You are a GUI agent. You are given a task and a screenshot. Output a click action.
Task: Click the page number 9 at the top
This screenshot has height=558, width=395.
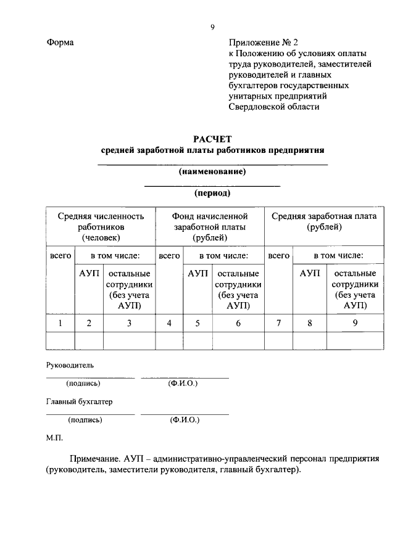pos(212,27)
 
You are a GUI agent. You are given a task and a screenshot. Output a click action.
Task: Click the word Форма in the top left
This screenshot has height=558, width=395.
pos(60,43)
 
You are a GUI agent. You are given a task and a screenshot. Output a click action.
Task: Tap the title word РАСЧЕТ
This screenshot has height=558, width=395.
pos(212,138)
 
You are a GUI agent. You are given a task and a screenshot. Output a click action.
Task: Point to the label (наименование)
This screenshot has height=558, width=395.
pos(212,171)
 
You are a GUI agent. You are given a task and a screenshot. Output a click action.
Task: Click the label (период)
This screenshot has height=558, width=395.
pos(212,193)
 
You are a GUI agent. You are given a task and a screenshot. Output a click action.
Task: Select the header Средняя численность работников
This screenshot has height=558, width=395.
pos(101,226)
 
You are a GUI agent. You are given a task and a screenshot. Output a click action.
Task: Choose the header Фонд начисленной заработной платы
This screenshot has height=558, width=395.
pos(210,226)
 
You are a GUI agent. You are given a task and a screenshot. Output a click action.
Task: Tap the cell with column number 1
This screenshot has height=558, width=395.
pos(60,322)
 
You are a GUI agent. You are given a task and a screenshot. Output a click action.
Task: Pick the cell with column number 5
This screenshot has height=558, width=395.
pos(197,322)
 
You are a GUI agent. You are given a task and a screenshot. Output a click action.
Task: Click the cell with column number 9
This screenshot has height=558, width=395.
pos(355,322)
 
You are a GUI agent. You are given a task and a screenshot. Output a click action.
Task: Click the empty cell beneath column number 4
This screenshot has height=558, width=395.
pos(169,340)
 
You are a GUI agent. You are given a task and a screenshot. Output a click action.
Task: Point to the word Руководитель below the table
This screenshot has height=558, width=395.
pos(70,365)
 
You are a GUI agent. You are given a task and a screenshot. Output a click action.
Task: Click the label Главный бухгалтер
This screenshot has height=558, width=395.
pos(80,401)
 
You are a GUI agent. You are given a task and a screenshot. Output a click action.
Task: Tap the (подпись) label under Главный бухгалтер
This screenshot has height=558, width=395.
pos(85,420)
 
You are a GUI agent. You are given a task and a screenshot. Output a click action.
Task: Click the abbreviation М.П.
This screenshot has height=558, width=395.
pos(54,438)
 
